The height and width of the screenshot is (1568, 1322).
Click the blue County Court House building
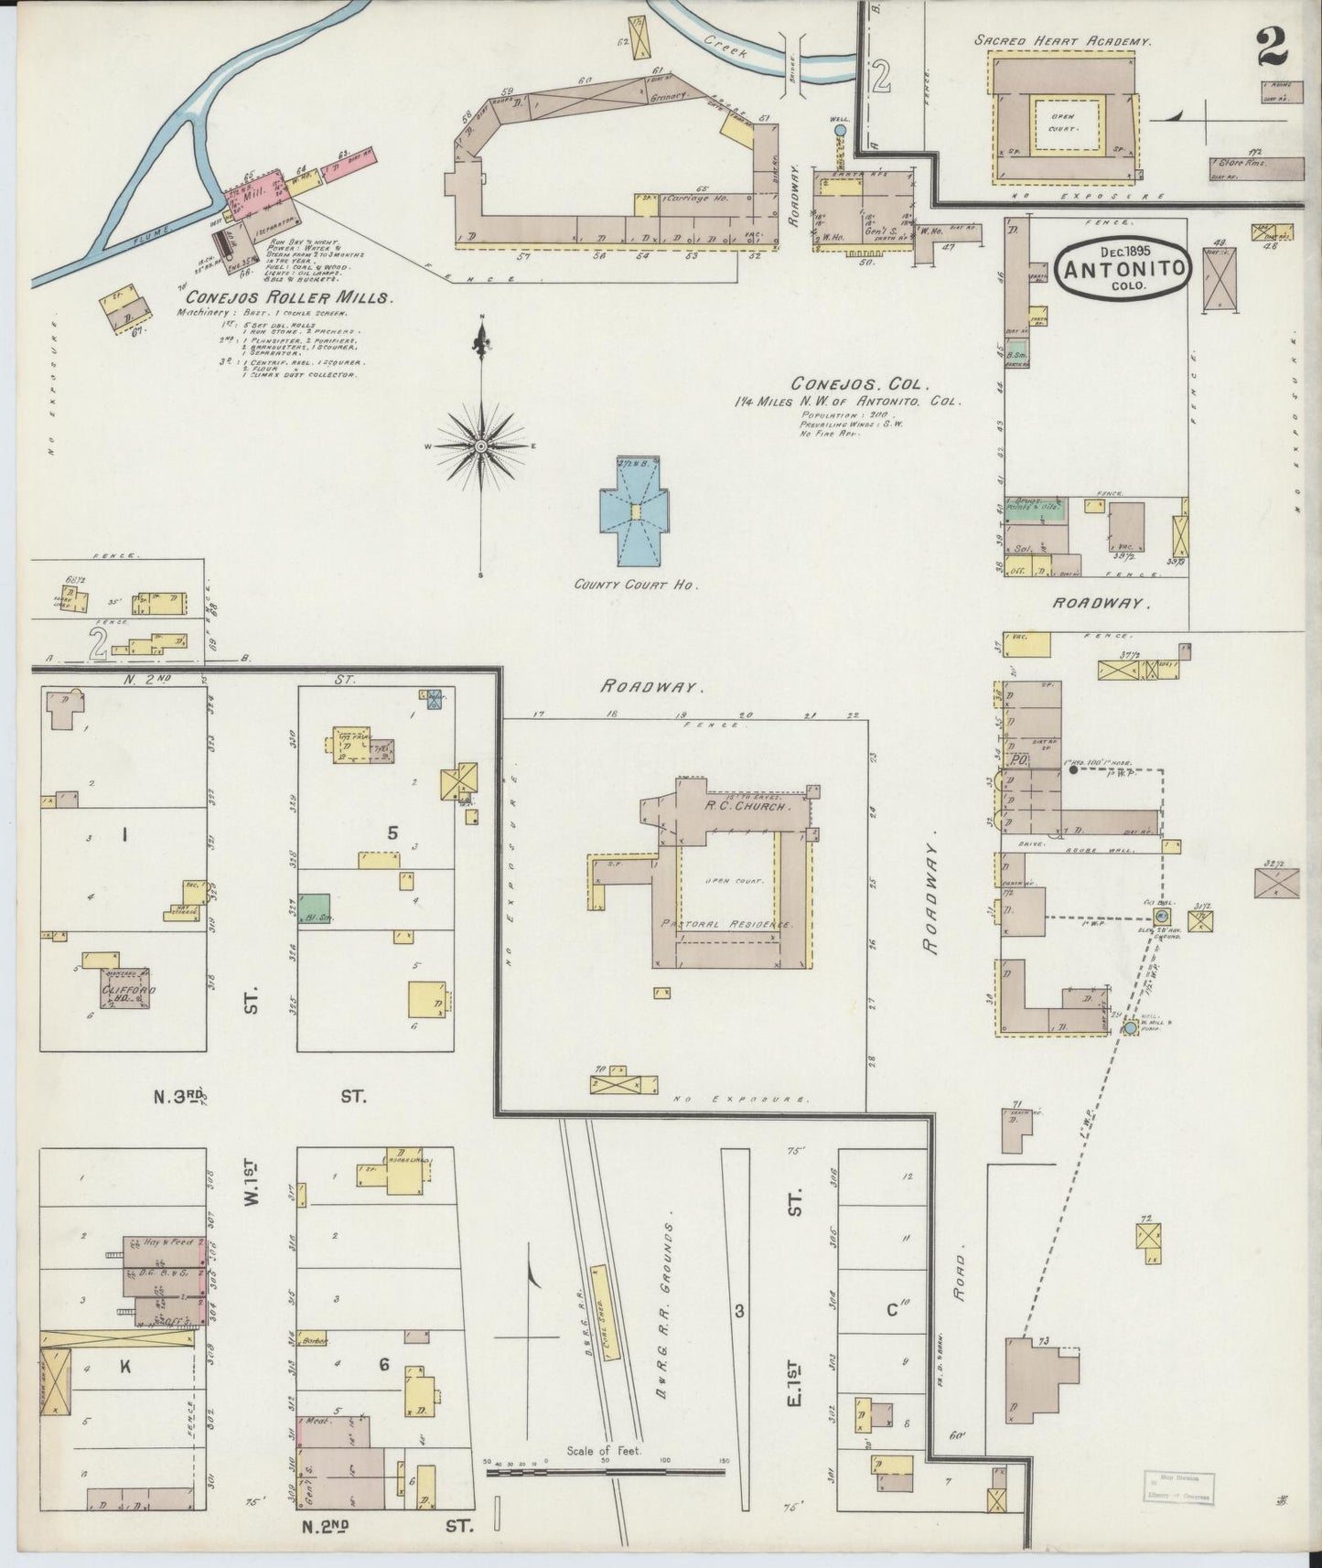(634, 517)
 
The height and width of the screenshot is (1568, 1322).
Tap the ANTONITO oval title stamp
(1123, 268)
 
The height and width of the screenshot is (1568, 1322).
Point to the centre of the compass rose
(481, 446)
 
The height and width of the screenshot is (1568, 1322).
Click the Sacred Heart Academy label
(1062, 41)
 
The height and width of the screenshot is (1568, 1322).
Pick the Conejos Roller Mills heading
(289, 297)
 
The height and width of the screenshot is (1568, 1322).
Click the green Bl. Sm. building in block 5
(316, 908)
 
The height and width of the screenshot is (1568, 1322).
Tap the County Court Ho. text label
(636, 584)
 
